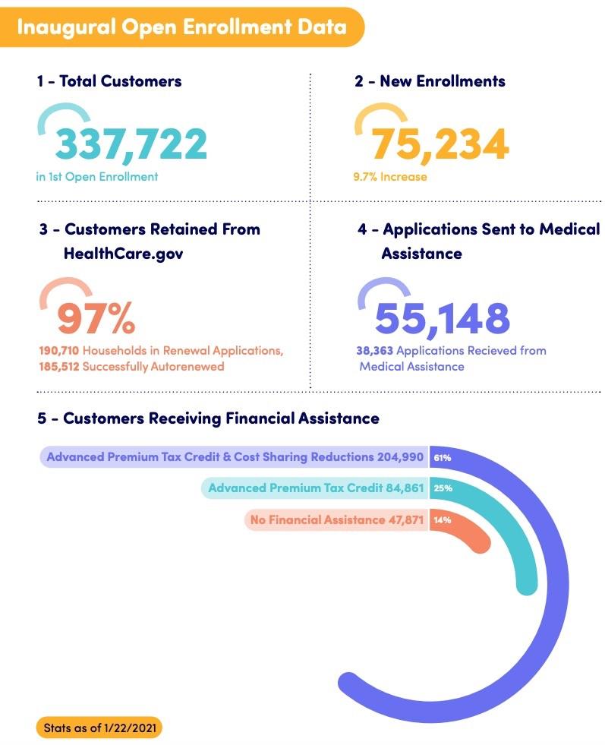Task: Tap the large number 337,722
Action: point(131,144)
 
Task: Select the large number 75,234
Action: point(440,144)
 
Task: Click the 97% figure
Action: point(96,318)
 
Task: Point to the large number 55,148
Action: point(443,318)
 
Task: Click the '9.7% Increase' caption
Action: point(390,177)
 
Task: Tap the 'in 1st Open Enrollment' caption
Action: point(97,177)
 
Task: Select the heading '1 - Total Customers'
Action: point(109,80)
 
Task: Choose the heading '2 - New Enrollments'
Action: point(430,80)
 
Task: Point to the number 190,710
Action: point(59,351)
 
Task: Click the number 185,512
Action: point(59,365)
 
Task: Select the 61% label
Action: point(443,458)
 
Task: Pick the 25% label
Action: point(443,488)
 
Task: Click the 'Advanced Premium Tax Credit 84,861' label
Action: point(315,488)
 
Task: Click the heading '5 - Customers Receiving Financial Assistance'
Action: point(208,418)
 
